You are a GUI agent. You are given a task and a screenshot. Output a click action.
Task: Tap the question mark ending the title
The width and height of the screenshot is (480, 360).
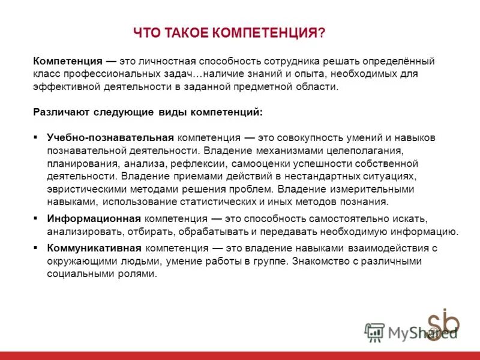(x=322, y=34)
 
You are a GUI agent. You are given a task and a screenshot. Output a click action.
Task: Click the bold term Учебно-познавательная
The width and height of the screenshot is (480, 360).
(x=110, y=137)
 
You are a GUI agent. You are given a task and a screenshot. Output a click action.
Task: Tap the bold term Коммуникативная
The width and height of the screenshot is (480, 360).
(x=95, y=247)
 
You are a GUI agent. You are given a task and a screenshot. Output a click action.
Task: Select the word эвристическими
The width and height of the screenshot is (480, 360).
(x=88, y=189)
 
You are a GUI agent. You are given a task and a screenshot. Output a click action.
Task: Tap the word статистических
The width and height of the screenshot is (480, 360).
(x=235, y=202)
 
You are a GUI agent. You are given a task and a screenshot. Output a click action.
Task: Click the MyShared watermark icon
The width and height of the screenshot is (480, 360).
(x=374, y=331)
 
